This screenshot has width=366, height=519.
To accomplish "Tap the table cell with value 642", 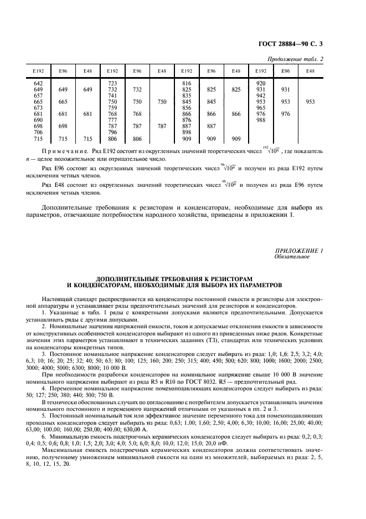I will (38, 83).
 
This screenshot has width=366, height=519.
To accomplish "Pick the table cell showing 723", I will (112, 83).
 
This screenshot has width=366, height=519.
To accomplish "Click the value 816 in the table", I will (187, 83).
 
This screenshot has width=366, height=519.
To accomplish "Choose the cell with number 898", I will (187, 132).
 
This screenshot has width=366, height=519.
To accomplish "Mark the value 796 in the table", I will (112, 132).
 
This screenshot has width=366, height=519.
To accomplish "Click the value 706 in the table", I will (38, 132).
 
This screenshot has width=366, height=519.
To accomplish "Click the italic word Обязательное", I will (290, 257).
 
